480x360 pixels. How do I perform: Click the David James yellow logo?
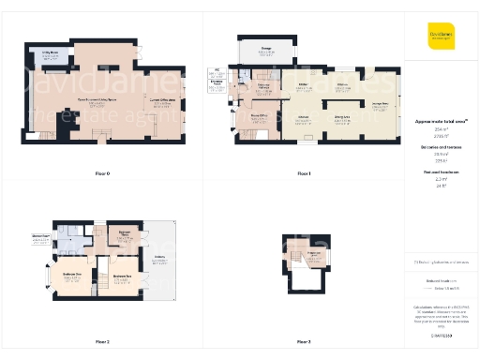pyautogui.click(x=441, y=36)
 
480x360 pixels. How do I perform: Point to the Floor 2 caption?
pyautogui.click(x=102, y=342)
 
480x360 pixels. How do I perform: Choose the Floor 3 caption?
pyautogui.click(x=303, y=342)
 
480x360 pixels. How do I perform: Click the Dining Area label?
pyautogui.click(x=342, y=116)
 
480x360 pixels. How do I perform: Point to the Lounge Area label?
pyautogui.click(x=380, y=105)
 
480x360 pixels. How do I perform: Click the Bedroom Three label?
pyautogui.click(x=125, y=234)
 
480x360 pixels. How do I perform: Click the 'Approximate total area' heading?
pyautogui.click(x=441, y=120)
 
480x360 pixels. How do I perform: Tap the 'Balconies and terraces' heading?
pyautogui.click(x=441, y=148)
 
